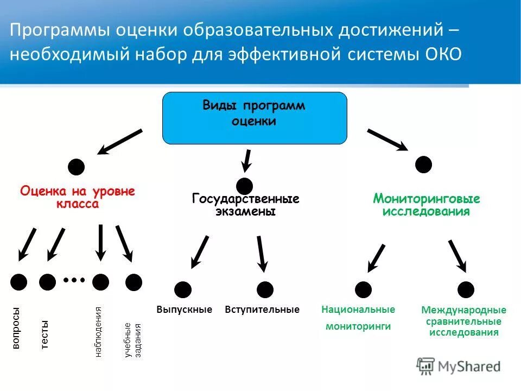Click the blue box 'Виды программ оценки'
click(255, 117)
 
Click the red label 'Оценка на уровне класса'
click(78, 198)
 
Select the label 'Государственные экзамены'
click(246, 205)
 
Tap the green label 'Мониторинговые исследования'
click(426, 205)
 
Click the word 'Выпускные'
click(184, 310)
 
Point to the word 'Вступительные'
click(262, 310)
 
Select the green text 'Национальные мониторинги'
click(358, 318)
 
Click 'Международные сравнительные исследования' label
click(463, 321)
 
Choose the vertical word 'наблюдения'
click(98, 332)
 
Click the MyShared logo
click(459, 367)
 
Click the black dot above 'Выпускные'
click(183, 289)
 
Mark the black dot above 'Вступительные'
click(265, 289)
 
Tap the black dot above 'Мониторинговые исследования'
click(423, 164)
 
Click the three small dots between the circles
click(74, 280)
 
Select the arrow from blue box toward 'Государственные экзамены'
click(246, 160)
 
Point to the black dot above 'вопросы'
click(19, 281)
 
